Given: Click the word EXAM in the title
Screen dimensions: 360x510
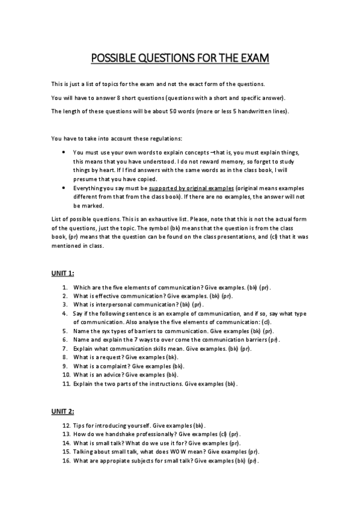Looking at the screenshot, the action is tap(252, 58).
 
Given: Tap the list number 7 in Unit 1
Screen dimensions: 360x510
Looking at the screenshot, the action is tap(66, 348).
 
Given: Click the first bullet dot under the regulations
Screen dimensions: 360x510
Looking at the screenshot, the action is tap(64, 153).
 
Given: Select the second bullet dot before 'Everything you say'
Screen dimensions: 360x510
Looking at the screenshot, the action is tap(64, 188).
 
